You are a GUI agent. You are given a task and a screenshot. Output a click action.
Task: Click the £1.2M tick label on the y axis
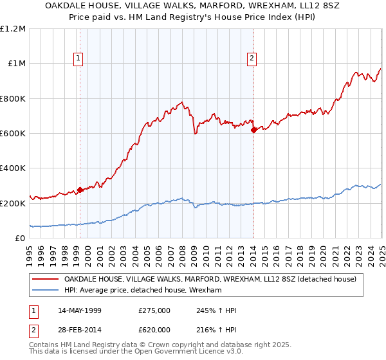coord(13,29)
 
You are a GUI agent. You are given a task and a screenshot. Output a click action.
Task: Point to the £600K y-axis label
coord(13,134)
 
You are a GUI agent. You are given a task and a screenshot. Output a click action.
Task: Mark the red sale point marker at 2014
coord(253,130)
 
